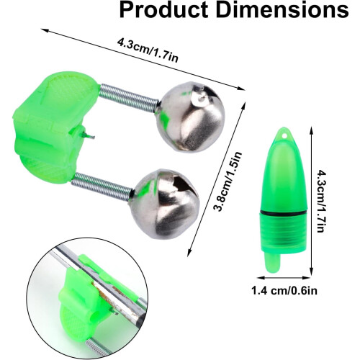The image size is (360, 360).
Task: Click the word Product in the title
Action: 163,9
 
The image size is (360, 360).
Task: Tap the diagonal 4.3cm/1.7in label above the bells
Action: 148,50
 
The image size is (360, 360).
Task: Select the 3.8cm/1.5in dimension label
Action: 228,181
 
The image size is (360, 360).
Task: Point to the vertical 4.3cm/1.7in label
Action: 321,201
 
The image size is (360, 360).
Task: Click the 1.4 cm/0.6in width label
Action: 284,291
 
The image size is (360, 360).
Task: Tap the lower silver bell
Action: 164,204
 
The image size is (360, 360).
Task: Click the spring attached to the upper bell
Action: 129,97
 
